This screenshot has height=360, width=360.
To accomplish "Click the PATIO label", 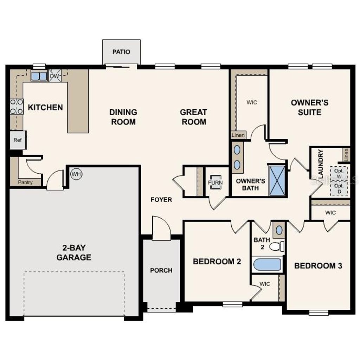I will [x=121, y=52].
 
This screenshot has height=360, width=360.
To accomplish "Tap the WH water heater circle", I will [x=76, y=174].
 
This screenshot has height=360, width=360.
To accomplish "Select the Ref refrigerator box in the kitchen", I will [x=18, y=140].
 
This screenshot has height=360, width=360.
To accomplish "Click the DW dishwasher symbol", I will [x=54, y=76].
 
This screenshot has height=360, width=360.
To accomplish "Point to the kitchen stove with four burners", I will [x=17, y=107].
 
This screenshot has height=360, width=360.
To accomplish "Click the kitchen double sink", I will [x=39, y=76].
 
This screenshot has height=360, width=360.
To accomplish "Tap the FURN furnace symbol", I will [x=215, y=182].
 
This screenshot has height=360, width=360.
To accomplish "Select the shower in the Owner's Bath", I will [x=277, y=180].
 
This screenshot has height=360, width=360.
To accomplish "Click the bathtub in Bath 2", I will [x=268, y=264].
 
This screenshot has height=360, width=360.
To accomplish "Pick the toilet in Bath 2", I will [x=277, y=246].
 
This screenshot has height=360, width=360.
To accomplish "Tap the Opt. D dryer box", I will [x=339, y=188].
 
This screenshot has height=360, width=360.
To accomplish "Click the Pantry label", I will [x=25, y=182].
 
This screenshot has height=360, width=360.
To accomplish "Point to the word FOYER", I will [x=161, y=200].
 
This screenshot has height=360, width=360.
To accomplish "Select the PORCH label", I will [x=161, y=270].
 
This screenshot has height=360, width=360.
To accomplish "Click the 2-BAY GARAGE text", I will [x=74, y=252].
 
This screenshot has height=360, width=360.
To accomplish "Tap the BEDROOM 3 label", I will [x=318, y=266].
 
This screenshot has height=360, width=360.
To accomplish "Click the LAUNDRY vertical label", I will [x=320, y=164].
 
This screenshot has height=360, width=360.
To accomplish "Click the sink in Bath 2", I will [x=279, y=230].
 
